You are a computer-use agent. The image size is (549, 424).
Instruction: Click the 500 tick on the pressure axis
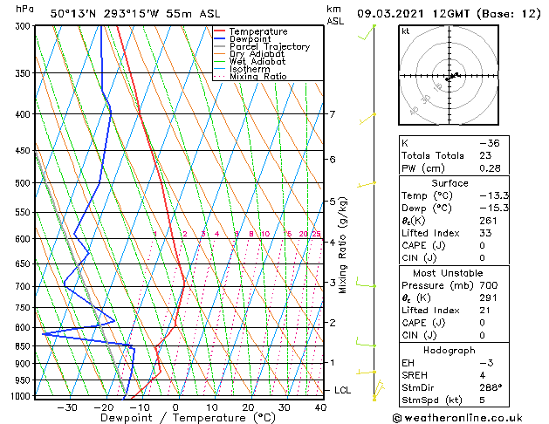click(x=23, y=183)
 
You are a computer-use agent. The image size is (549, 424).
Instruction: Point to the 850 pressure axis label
click(x=23, y=346)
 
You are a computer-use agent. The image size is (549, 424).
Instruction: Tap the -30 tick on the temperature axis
click(x=67, y=407)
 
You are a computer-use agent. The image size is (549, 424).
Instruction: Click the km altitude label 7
click(x=332, y=114)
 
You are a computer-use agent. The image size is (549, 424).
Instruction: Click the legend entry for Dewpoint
click(x=251, y=39)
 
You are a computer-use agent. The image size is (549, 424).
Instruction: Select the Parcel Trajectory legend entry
click(x=269, y=47)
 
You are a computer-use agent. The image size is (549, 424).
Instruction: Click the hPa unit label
click(x=25, y=10)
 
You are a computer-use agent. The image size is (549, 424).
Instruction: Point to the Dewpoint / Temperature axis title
click(x=176, y=418)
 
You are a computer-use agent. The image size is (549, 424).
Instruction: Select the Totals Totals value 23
click(x=485, y=155)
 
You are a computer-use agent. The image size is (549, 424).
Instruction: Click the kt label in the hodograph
click(x=405, y=31)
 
